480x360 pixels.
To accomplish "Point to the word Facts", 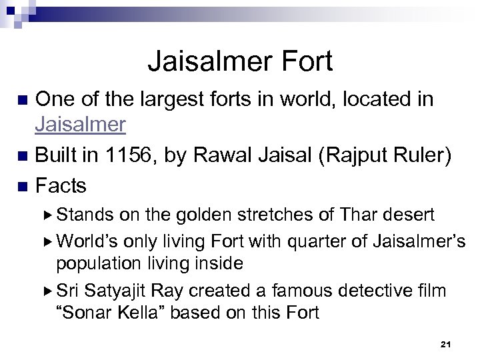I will point(61,185).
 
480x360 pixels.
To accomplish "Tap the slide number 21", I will point(446,344).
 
